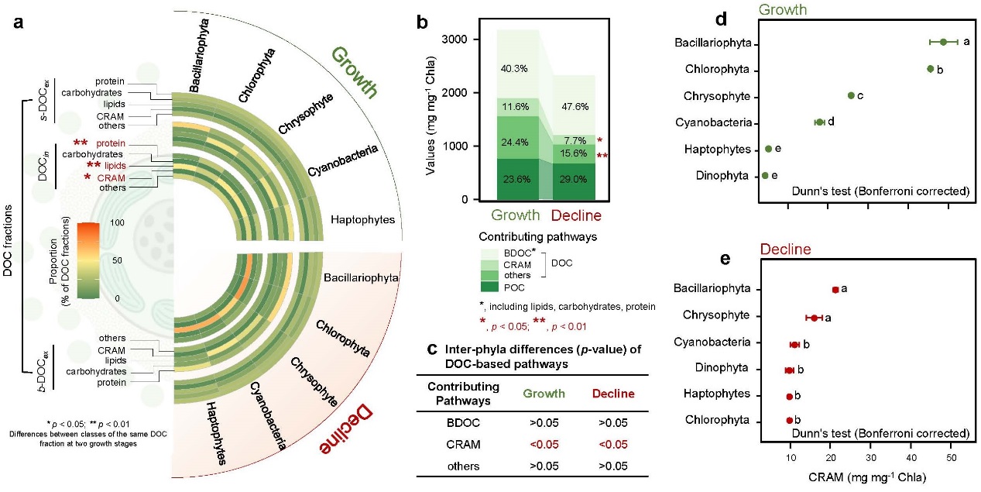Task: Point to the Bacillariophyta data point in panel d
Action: [943, 42]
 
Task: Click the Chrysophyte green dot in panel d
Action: [850, 95]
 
